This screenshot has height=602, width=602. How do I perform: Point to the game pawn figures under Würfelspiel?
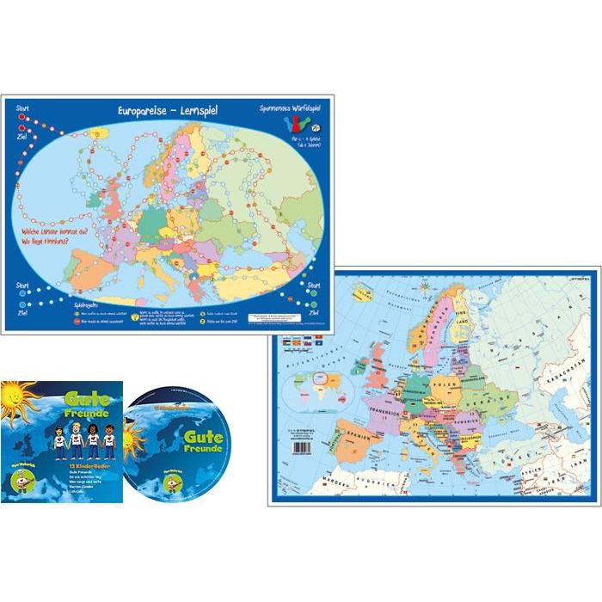pyautogui.click(x=292, y=126)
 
